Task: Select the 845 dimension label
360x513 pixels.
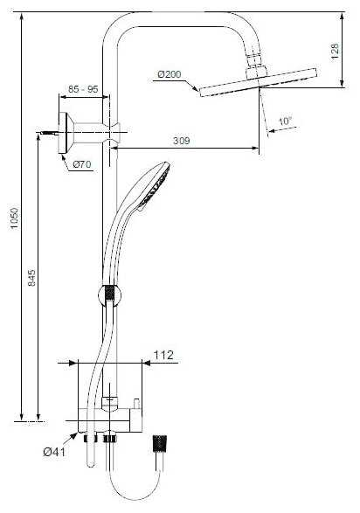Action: pyautogui.click(x=32, y=279)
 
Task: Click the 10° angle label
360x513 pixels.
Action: pyautogui.click(x=285, y=121)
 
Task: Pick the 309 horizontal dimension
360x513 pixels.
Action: pyautogui.click(x=181, y=140)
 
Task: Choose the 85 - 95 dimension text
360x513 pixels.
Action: pyautogui.click(x=84, y=89)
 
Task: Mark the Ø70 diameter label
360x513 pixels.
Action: pyautogui.click(x=81, y=163)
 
